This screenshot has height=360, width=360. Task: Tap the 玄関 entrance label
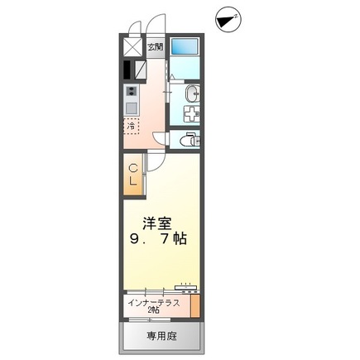(x=155, y=47)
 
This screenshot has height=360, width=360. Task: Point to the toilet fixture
(x=189, y=138)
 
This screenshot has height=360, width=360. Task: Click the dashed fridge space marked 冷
(x=132, y=127)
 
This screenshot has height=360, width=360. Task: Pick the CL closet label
(x=132, y=175)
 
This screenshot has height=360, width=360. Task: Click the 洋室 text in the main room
(x=157, y=222)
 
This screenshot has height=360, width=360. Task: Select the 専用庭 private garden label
(x=162, y=336)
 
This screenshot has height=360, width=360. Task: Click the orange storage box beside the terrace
(x=195, y=305)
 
